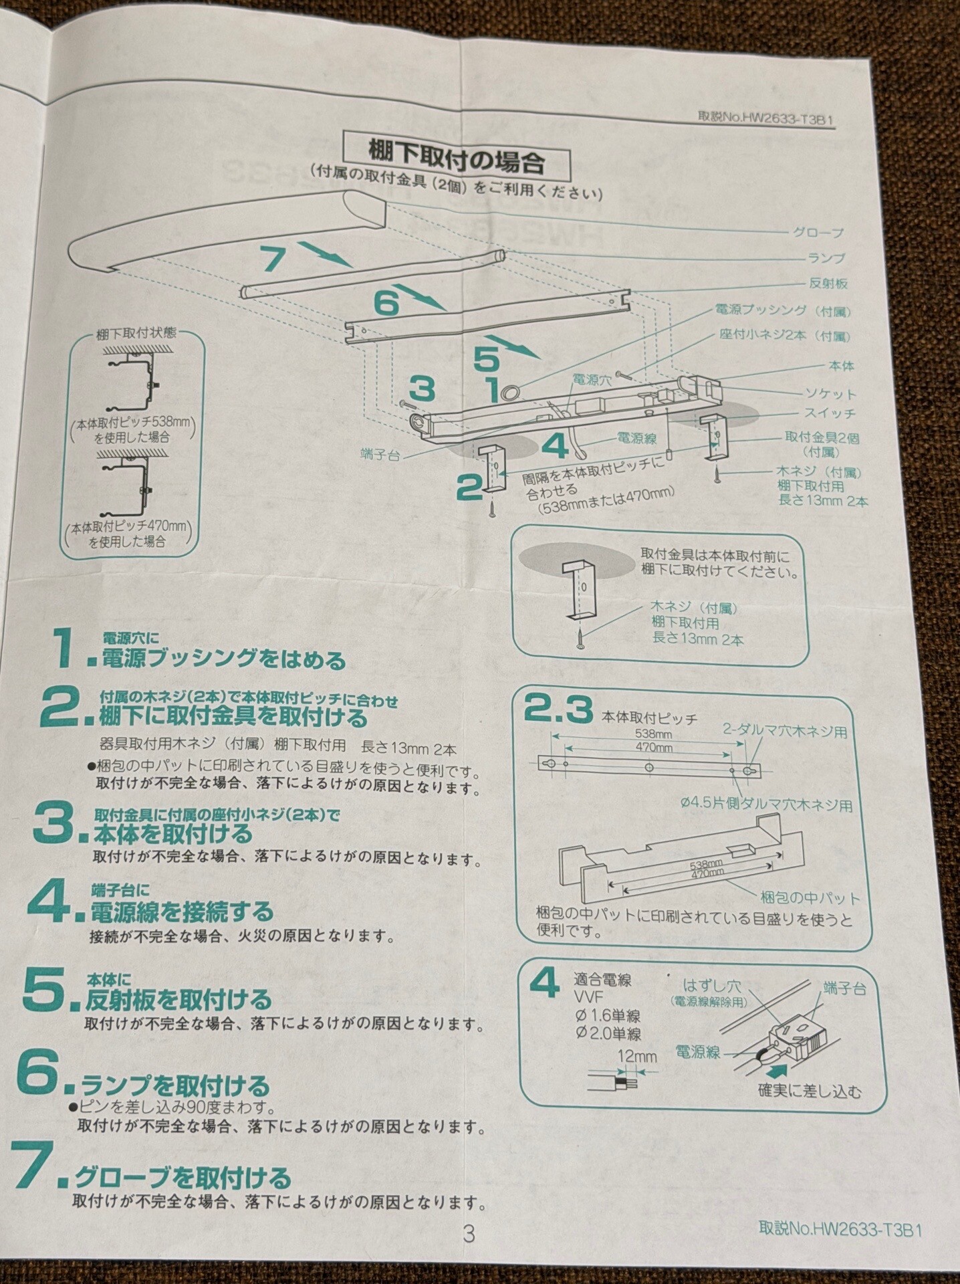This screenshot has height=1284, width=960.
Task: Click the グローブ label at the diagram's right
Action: [x=818, y=233]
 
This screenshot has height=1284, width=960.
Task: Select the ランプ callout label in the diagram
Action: [x=826, y=258]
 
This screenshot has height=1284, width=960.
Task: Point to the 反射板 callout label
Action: [x=828, y=284]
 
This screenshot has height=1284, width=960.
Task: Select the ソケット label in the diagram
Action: [x=830, y=393]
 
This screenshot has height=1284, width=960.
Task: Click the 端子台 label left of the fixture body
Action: [x=380, y=455]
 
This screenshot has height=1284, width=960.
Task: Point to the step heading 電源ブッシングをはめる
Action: [x=223, y=660]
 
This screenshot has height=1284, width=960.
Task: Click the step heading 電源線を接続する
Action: [x=182, y=912]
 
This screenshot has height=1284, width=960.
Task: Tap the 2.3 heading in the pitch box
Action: [x=558, y=710]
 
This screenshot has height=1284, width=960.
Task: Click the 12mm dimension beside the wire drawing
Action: [x=638, y=1057]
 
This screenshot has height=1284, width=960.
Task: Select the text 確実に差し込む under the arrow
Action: [x=809, y=1092]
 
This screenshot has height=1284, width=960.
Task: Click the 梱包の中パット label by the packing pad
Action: [x=810, y=897]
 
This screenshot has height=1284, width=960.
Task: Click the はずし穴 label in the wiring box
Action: [x=712, y=986]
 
